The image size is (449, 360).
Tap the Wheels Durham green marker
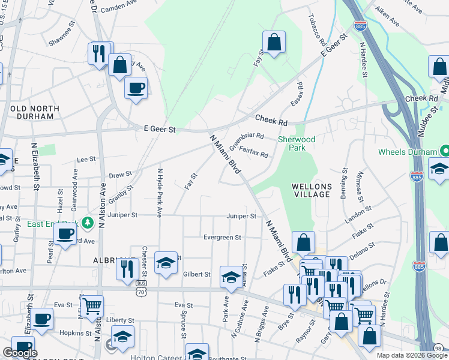point(445,151)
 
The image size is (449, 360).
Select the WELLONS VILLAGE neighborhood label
point(311,190)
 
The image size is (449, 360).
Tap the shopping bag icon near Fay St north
point(274,43)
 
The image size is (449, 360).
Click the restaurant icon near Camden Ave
point(98,53)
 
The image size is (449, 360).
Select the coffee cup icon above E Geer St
point(136,88)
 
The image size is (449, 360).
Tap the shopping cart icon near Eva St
point(92,306)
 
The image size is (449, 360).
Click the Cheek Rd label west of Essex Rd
point(271,121)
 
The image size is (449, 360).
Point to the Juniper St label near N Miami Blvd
point(242,216)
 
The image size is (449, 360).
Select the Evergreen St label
point(221,238)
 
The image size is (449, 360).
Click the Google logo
point(20,353)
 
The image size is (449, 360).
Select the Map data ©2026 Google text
point(412,355)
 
